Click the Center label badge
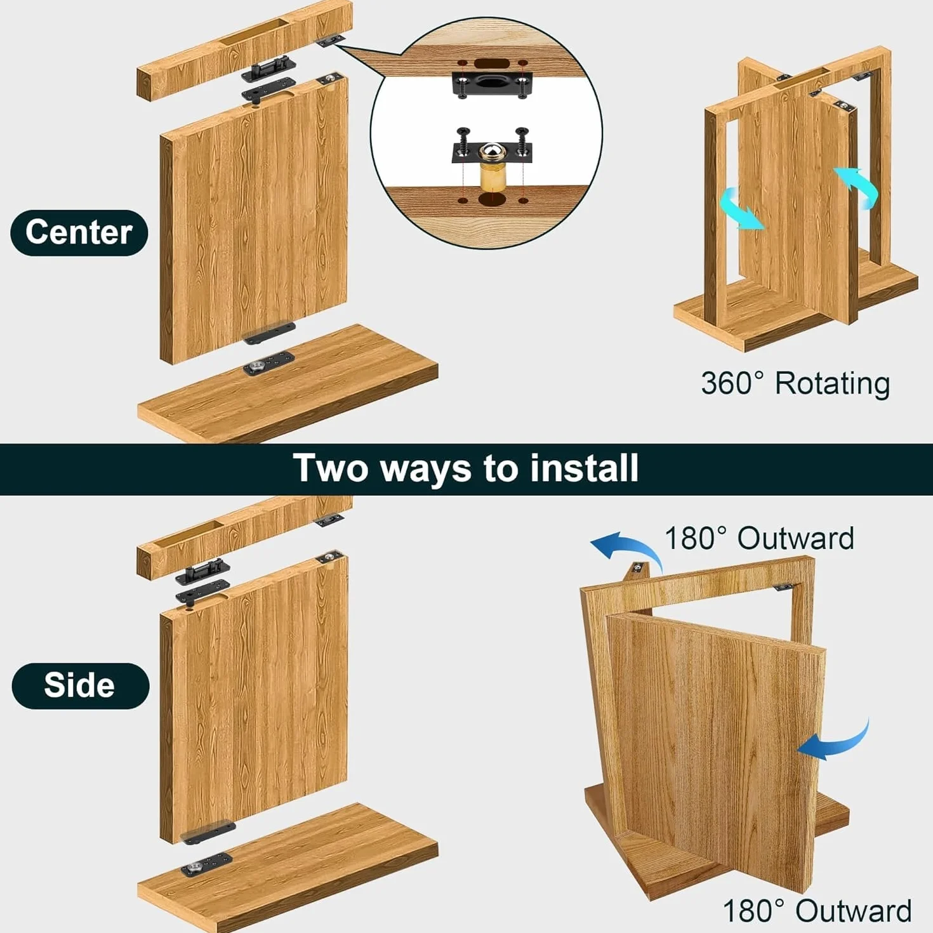79,232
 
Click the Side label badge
81,685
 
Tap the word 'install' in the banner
585,468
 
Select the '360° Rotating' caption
795,383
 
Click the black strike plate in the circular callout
492,84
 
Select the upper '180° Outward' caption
759,538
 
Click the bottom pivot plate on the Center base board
268,362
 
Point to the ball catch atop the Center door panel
331,77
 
